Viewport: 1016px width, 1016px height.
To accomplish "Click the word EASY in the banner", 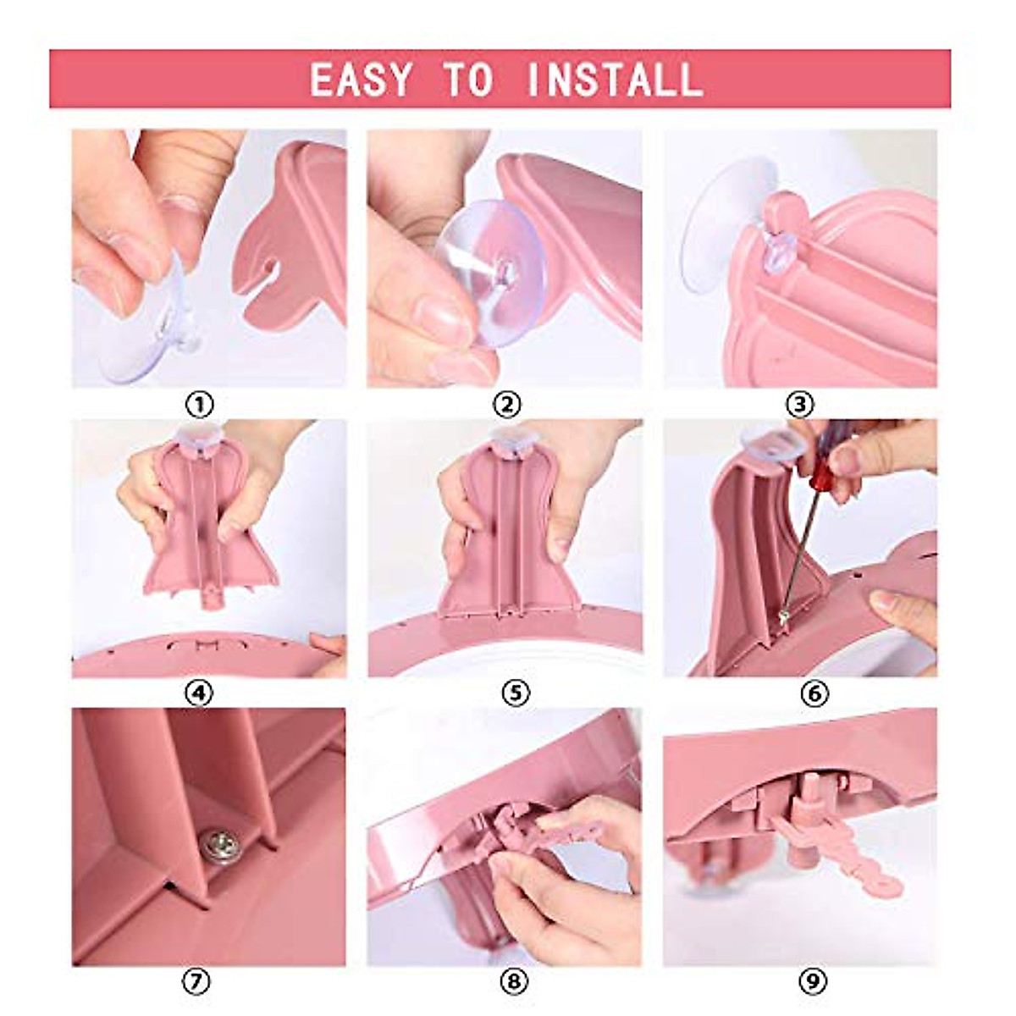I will click(x=361, y=80).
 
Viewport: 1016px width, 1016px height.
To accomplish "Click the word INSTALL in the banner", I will click(x=614, y=80).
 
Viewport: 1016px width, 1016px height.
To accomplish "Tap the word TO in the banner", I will click(x=468, y=80).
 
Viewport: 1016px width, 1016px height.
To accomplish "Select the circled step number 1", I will click(x=200, y=405).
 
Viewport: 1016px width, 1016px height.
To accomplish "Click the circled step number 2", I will click(x=506, y=405).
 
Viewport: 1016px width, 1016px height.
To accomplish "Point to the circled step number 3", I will click(x=799, y=405).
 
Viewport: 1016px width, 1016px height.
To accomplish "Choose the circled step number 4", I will click(x=200, y=693).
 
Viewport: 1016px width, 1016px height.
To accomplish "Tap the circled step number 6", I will click(x=814, y=693).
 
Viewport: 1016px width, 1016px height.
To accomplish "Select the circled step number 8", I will click(x=515, y=982).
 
